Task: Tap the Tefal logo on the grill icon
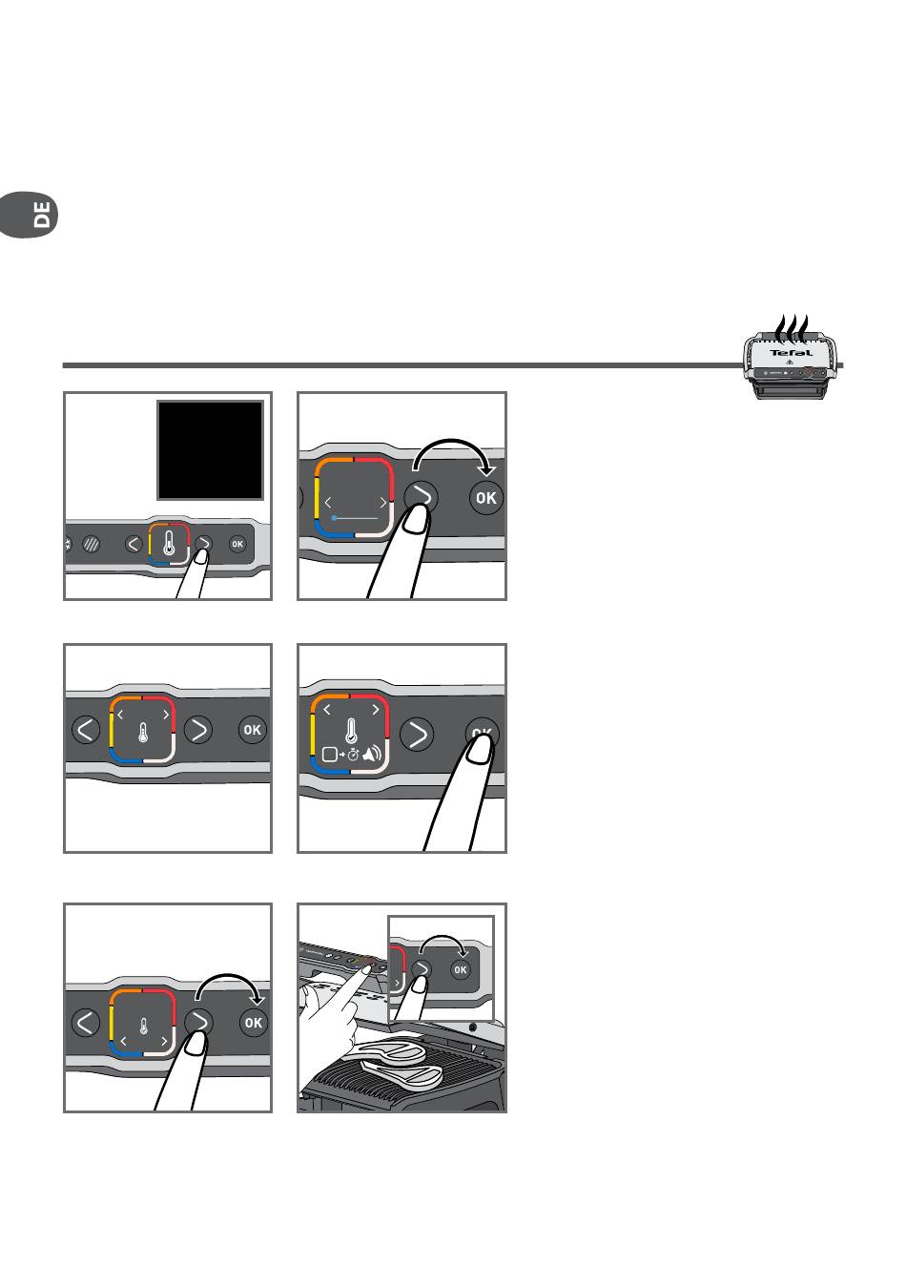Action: click(792, 353)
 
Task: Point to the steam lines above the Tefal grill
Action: click(792, 329)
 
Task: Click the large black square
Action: click(210, 450)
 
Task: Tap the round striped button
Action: click(91, 544)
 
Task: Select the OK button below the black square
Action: click(237, 544)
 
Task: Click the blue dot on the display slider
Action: click(334, 518)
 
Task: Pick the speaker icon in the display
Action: click(373, 754)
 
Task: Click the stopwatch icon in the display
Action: click(353, 755)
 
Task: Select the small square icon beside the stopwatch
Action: click(329, 755)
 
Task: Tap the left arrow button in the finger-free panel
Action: click(86, 730)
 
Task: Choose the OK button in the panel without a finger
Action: click(253, 730)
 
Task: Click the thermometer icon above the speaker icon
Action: click(351, 730)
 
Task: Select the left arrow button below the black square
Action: click(134, 544)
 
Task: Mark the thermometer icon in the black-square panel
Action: click(169, 543)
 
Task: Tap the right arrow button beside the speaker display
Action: click(417, 735)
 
